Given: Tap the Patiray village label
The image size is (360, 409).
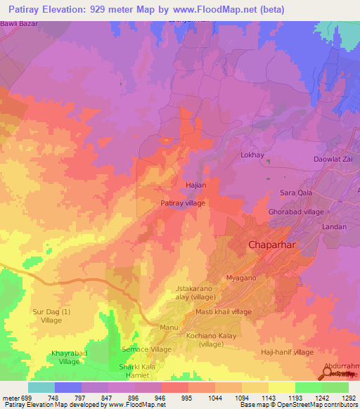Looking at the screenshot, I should (x=183, y=203).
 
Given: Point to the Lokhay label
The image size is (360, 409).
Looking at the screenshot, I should (x=252, y=155).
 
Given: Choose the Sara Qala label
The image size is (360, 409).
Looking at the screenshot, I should (x=296, y=193).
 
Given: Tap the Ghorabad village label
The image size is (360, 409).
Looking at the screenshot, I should (x=296, y=212).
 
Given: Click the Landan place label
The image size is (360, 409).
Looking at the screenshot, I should (x=334, y=227).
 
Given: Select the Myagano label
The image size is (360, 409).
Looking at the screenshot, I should (x=240, y=278).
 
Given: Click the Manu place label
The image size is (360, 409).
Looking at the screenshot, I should (x=169, y=328).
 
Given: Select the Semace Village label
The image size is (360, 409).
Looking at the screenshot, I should (x=147, y=349).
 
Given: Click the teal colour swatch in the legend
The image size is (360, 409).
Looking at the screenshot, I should (x=41, y=387).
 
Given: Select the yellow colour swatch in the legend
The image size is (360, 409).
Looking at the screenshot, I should (x=281, y=387).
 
